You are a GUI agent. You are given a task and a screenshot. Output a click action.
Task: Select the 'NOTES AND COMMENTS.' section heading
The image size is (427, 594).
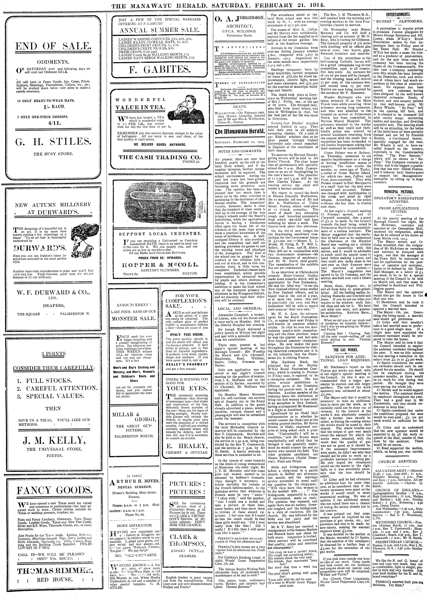tap(238, 151)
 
